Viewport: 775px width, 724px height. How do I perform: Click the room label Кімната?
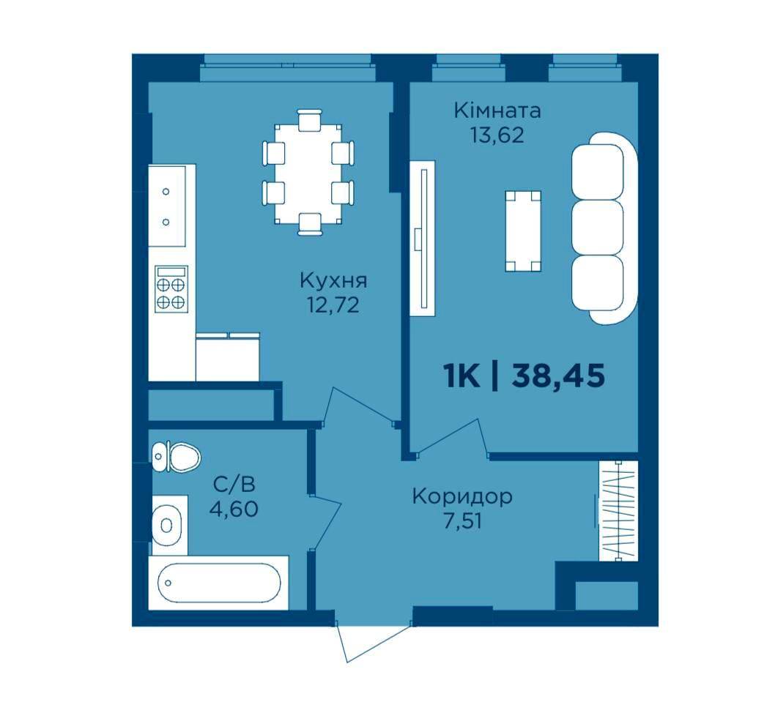(x=497, y=111)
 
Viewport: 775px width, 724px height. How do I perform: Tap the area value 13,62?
(x=497, y=135)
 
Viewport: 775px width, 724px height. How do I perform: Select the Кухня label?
(x=333, y=281)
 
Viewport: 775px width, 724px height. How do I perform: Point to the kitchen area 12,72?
(x=333, y=305)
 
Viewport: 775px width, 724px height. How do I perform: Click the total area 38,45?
(x=558, y=376)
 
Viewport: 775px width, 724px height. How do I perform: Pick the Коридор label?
(x=462, y=496)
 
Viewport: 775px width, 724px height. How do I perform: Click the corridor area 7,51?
(x=462, y=520)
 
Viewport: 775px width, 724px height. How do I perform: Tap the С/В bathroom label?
(x=234, y=485)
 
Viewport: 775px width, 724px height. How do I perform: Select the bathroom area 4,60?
(x=234, y=509)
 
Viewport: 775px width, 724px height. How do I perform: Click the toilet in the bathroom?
(x=176, y=457)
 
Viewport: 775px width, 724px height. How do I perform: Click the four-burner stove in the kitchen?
(x=171, y=289)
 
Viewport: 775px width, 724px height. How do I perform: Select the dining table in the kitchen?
(x=308, y=173)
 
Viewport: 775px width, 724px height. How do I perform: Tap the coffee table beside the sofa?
(x=523, y=231)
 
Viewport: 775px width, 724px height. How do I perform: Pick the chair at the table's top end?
(x=310, y=120)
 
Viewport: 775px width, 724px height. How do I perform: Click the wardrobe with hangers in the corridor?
(x=618, y=511)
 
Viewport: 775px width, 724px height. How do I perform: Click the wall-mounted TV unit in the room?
(x=423, y=238)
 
